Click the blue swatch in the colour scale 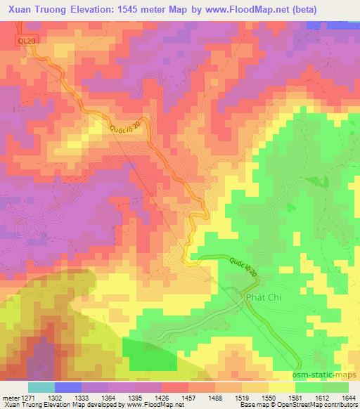67,387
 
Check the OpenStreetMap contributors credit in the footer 319,405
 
